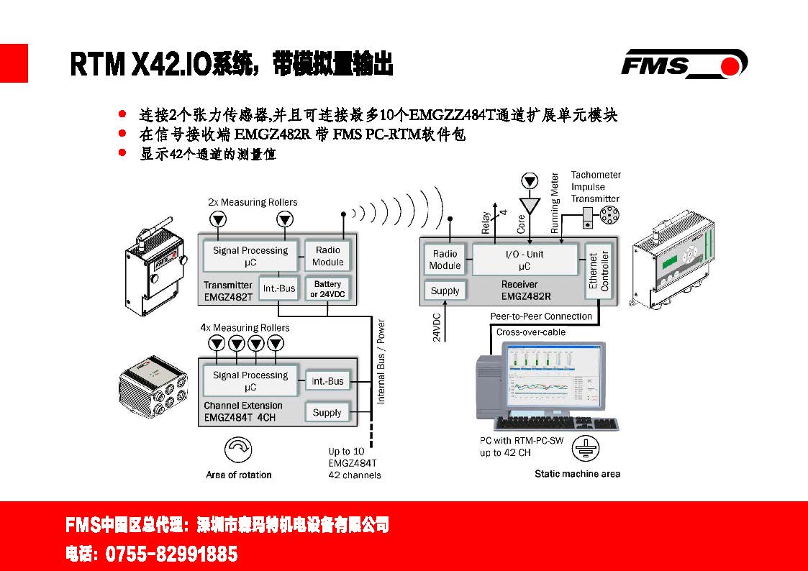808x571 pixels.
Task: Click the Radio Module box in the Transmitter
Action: [327, 257]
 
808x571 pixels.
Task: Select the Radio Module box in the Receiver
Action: [445, 260]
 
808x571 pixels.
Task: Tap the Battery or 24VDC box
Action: [327, 289]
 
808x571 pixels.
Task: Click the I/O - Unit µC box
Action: [525, 260]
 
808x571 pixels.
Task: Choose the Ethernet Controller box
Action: [599, 271]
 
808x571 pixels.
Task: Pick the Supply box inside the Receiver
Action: [445, 291]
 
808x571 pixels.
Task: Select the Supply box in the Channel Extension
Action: [327, 413]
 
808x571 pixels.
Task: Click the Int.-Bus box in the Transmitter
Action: [278, 289]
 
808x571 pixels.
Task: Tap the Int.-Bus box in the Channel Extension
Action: [327, 381]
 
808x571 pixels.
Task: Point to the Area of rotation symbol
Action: [238, 452]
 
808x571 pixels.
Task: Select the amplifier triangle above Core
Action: [530, 206]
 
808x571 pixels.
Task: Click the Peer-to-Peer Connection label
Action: [541, 316]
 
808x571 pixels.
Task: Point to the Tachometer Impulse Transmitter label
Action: [595, 187]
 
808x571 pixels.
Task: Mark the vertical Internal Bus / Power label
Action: [381, 362]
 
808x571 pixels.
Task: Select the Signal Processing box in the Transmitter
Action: [250, 257]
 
